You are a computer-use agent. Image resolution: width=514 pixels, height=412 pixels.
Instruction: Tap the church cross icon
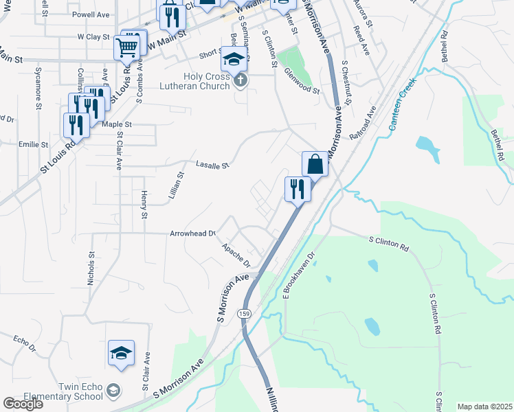pyautogui.click(x=240, y=81)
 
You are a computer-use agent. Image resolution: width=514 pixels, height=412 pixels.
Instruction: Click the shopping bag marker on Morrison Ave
pyautogui.click(x=315, y=165)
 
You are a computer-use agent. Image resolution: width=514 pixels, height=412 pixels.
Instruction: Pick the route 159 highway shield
pyautogui.click(x=245, y=313)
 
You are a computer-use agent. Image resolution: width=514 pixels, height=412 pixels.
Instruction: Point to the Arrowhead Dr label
pyautogui.click(x=193, y=233)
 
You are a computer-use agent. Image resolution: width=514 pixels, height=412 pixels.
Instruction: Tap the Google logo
pyautogui.click(x=23, y=404)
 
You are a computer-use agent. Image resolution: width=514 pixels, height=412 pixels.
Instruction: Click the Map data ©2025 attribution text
pyautogui.click(x=484, y=407)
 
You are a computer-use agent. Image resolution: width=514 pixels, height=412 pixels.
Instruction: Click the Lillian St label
pyautogui.click(x=177, y=185)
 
